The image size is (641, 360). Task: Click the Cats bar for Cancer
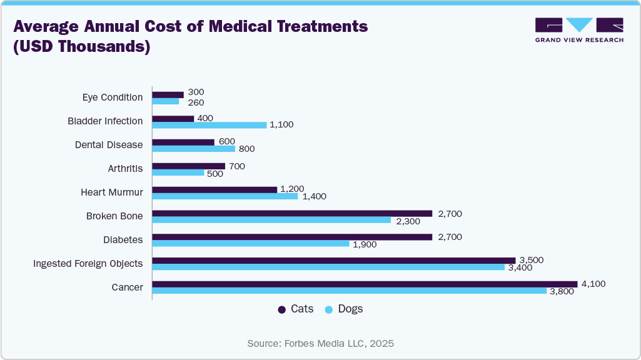[x=365, y=284]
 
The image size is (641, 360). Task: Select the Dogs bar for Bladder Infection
[x=209, y=125]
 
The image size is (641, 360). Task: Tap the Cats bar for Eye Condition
[x=168, y=95]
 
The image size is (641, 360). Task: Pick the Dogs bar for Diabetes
[x=251, y=243]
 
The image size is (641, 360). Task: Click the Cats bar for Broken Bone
[x=292, y=213]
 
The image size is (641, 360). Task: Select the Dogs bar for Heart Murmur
[x=225, y=196]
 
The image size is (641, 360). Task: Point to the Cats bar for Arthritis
[x=188, y=166]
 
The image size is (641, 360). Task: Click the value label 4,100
[x=593, y=284]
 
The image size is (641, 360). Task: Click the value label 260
[x=196, y=102]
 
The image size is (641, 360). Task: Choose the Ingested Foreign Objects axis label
[x=88, y=264]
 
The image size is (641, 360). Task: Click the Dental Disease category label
[x=108, y=145]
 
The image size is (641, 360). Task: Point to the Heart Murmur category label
[x=111, y=192]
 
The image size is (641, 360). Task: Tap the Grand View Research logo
[x=579, y=29]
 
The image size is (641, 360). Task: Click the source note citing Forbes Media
[x=320, y=344]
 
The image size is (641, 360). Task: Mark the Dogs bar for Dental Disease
[x=194, y=149]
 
